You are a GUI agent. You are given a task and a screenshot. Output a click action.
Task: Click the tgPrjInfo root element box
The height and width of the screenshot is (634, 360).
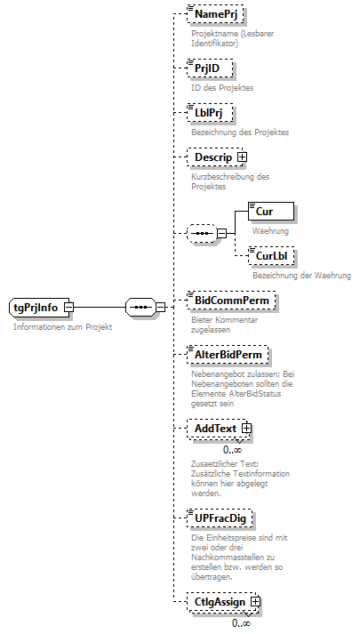[36, 308]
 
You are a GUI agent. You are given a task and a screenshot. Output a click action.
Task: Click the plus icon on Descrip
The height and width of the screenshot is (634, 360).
[242, 157]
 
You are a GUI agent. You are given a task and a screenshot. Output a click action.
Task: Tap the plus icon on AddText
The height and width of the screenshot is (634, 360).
[247, 429]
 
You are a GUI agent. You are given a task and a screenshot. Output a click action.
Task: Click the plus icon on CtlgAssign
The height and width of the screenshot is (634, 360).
[256, 603]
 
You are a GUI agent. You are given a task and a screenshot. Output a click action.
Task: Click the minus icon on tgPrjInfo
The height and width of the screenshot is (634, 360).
[68, 308]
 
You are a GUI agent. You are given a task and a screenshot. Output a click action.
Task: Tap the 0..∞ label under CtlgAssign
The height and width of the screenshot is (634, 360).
[240, 623]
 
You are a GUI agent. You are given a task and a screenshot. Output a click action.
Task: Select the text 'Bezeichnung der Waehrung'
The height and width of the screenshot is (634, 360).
[301, 276]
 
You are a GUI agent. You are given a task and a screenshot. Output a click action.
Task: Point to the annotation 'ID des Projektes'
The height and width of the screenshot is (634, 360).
[222, 87]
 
